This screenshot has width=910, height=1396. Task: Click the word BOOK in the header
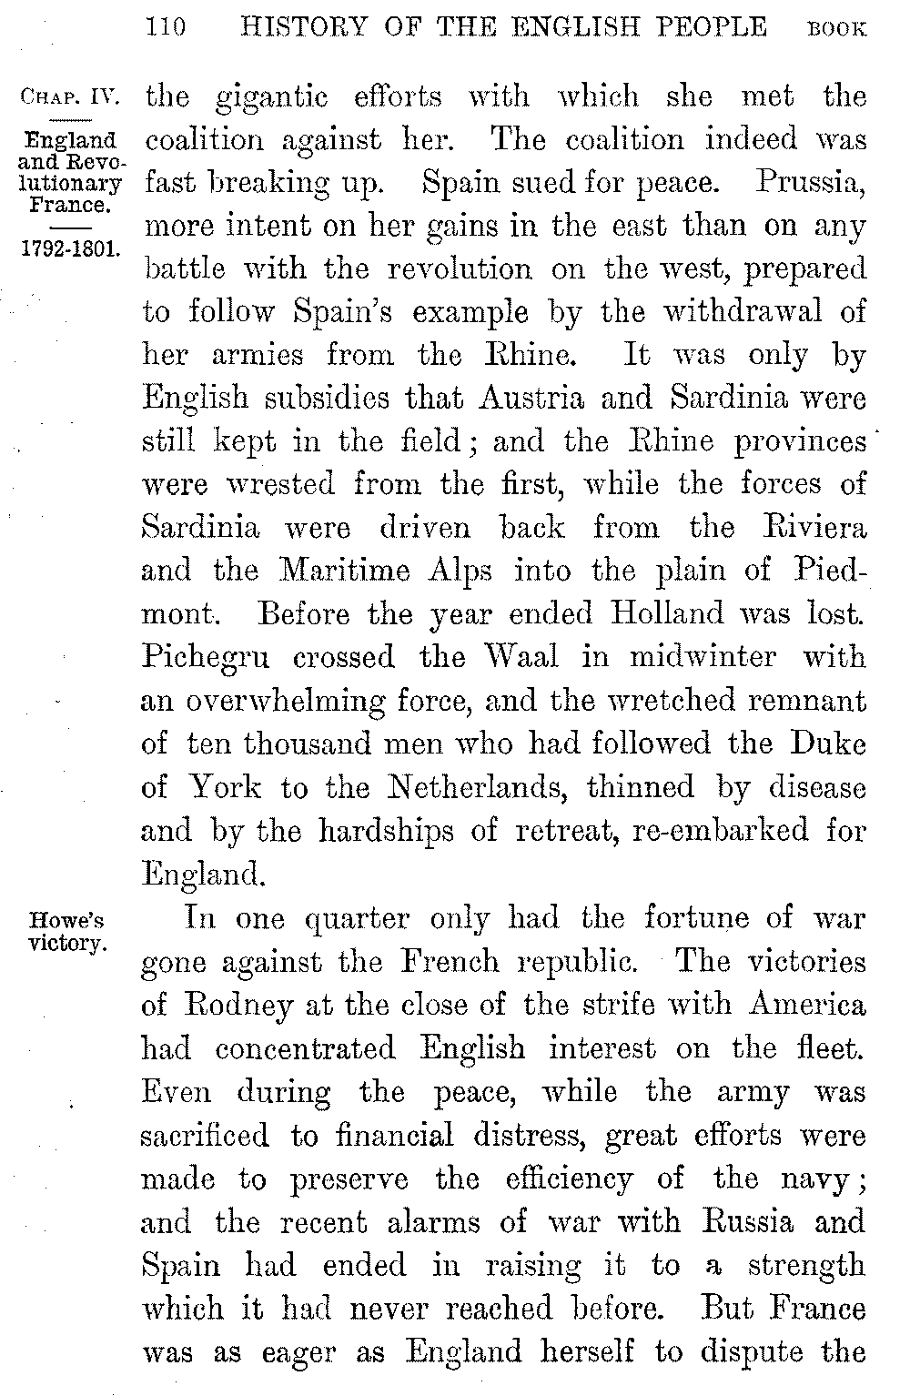(x=837, y=30)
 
